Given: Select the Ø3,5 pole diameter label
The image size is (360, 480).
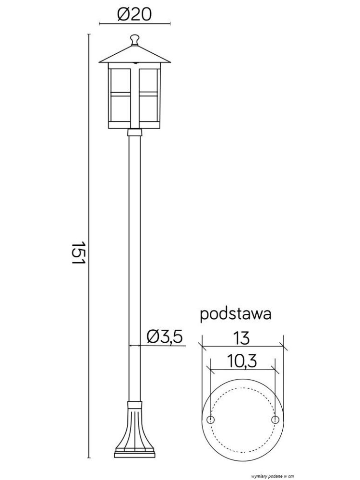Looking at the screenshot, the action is (x=165, y=336).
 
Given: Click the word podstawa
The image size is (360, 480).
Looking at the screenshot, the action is (x=235, y=315).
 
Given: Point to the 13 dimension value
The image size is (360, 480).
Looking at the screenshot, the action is (x=241, y=338).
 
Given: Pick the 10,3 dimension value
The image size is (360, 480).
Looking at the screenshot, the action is (x=242, y=361).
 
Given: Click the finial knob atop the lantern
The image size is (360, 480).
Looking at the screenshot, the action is (x=134, y=40).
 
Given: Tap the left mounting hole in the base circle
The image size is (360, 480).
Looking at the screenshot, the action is (x=211, y=419).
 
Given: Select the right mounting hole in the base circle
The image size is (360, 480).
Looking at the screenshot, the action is (x=275, y=419).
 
